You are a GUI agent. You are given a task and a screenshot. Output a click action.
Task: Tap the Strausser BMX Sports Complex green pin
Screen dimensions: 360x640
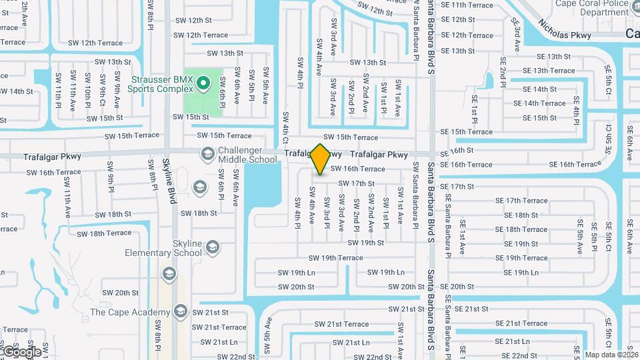(x=205, y=84)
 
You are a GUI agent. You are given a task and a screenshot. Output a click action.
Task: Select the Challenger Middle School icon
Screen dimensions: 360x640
(x=207, y=155)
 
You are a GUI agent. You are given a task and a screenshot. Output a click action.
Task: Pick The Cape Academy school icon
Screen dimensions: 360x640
(x=180, y=311)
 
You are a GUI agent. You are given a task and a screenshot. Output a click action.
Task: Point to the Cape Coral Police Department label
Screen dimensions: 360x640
(x=595, y=7)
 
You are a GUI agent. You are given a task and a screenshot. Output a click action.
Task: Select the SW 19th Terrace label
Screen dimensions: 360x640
(x=335, y=258)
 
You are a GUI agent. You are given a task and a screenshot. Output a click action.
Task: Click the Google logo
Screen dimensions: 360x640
(x=21, y=351)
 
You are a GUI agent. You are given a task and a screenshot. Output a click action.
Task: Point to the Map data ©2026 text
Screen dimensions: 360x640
(x=611, y=355)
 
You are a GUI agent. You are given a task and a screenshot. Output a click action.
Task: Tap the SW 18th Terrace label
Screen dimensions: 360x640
(x=104, y=233)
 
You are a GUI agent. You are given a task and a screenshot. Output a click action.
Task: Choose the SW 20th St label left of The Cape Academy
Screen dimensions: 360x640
(x=120, y=293)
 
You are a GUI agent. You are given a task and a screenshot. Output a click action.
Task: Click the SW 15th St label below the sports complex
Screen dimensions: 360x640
(x=191, y=117)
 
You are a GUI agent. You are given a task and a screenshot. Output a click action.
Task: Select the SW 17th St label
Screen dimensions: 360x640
(x=356, y=183)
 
